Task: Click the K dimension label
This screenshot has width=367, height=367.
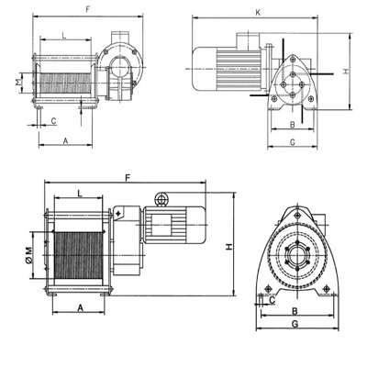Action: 258,13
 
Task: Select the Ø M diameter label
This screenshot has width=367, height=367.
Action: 28,255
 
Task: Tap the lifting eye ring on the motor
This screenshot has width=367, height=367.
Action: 161,199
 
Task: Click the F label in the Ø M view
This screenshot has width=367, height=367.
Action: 128,177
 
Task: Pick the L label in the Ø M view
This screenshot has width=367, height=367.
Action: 80,194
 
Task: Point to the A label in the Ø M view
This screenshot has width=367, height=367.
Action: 80,307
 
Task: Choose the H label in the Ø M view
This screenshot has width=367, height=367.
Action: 229,247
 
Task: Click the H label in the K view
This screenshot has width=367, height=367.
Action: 346,71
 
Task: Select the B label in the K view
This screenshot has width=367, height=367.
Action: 293,125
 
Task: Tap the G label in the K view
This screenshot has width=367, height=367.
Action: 293,142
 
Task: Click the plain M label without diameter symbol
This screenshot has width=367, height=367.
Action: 18,83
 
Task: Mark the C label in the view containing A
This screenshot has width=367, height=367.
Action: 53,121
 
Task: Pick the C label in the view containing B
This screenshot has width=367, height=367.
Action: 272,300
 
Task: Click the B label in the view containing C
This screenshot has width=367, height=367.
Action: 295,311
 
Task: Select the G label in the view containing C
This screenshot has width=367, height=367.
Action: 295,324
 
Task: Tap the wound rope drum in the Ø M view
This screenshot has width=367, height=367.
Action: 78,255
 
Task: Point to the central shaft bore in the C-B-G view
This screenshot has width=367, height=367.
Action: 296,255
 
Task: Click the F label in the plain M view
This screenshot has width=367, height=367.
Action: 88,9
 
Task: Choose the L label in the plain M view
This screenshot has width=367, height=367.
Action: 64,36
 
